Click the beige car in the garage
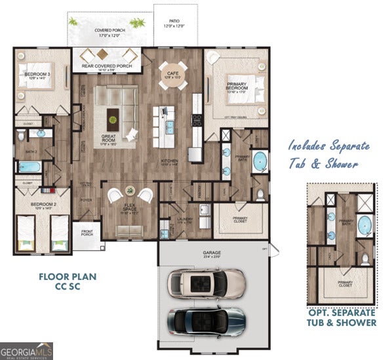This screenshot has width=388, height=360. tap(206, 283)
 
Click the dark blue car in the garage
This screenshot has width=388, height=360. tap(206, 319)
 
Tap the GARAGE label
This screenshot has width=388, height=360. tap(211, 251)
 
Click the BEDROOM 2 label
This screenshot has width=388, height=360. tap(37, 205)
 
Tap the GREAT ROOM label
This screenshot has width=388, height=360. tap(108, 139)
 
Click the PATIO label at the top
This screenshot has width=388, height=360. tap(174, 24)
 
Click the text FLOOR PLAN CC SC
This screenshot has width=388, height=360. tap(67, 281)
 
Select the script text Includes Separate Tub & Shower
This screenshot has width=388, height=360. tap(328, 155)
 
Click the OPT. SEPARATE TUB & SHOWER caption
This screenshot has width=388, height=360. tap(342, 317)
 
